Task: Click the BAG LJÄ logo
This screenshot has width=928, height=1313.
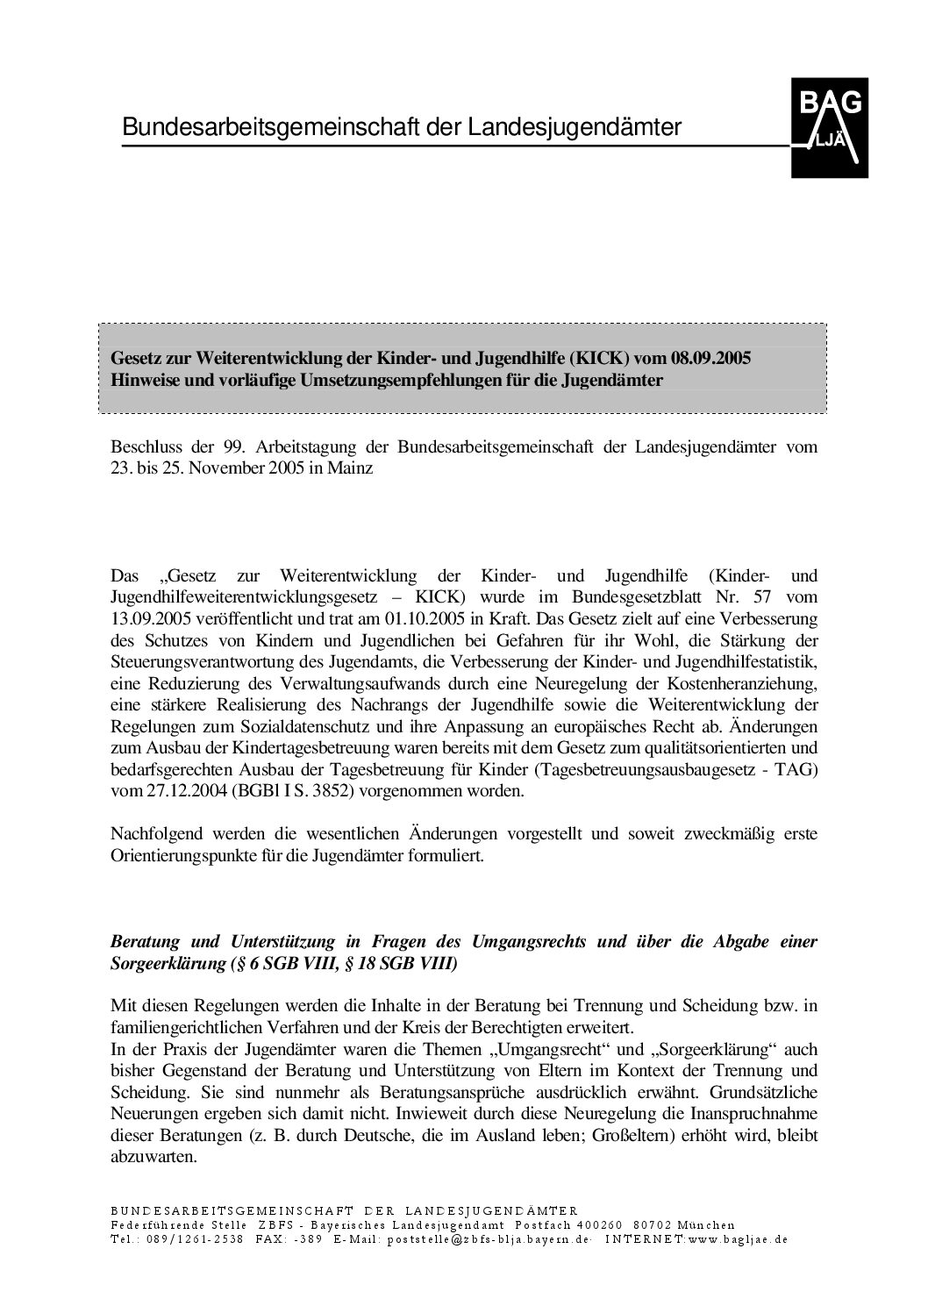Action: point(830,128)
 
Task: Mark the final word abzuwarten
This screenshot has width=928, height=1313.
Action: point(153,1157)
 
